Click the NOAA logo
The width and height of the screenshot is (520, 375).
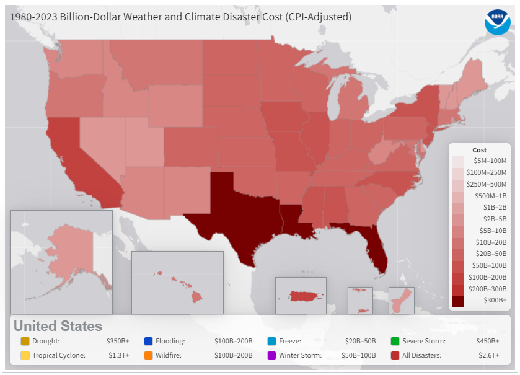pos(497,22)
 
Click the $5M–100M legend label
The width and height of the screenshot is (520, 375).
pos(490,161)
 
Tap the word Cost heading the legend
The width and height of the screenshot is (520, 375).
pos(480,150)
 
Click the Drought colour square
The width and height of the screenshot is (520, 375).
pos(25,341)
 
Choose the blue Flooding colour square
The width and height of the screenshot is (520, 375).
pos(148,341)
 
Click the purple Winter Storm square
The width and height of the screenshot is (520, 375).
pos(271,356)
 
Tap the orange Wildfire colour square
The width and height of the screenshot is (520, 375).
pos(148,356)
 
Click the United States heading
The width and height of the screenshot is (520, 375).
pos(58,326)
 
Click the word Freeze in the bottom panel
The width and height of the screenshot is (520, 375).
pos(290,341)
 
